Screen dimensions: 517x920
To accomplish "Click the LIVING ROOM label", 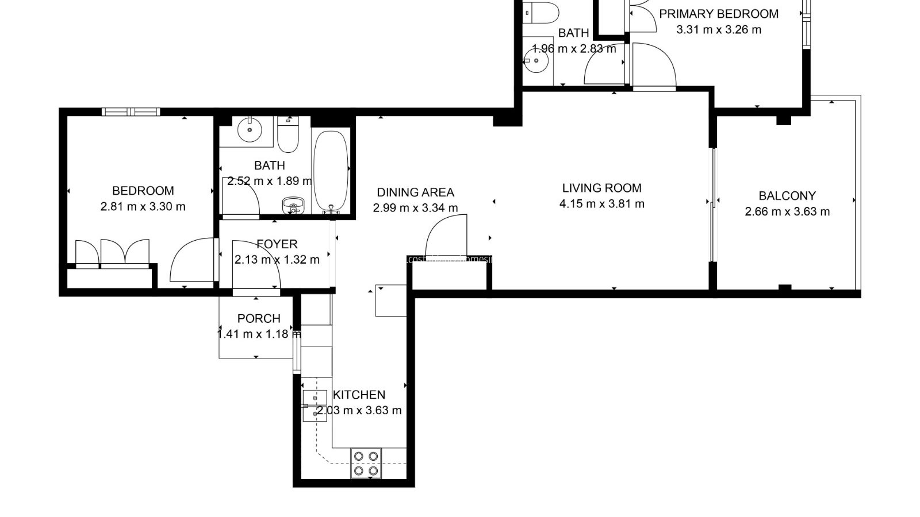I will pos(601,188).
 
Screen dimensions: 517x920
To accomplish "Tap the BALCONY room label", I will pos(787,196).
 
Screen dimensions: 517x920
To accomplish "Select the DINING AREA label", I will pos(415,192).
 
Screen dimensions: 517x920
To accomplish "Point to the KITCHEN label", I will pos(359,395).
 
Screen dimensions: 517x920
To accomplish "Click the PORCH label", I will pos(259,318).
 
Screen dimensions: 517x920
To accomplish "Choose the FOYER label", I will pos(277,244).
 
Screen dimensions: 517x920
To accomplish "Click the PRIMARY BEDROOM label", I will pos(719,14).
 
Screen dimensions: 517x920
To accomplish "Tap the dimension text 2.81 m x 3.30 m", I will pos(143,206).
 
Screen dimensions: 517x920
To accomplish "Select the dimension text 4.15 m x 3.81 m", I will pos(601,203).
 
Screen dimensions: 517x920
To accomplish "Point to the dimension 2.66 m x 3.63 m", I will pos(787,211).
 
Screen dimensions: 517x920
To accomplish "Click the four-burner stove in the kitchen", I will pos(366,463).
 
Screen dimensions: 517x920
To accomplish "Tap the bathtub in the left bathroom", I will pos(331,171).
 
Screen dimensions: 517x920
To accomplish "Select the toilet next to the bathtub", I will pos(287,133).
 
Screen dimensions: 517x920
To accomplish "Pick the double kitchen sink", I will pos(315,406).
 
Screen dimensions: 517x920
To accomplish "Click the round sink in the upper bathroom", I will pos(536,60).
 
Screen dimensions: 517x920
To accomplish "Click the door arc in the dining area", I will pos(446,236).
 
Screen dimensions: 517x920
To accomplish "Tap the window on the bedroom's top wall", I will pos(130,111).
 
